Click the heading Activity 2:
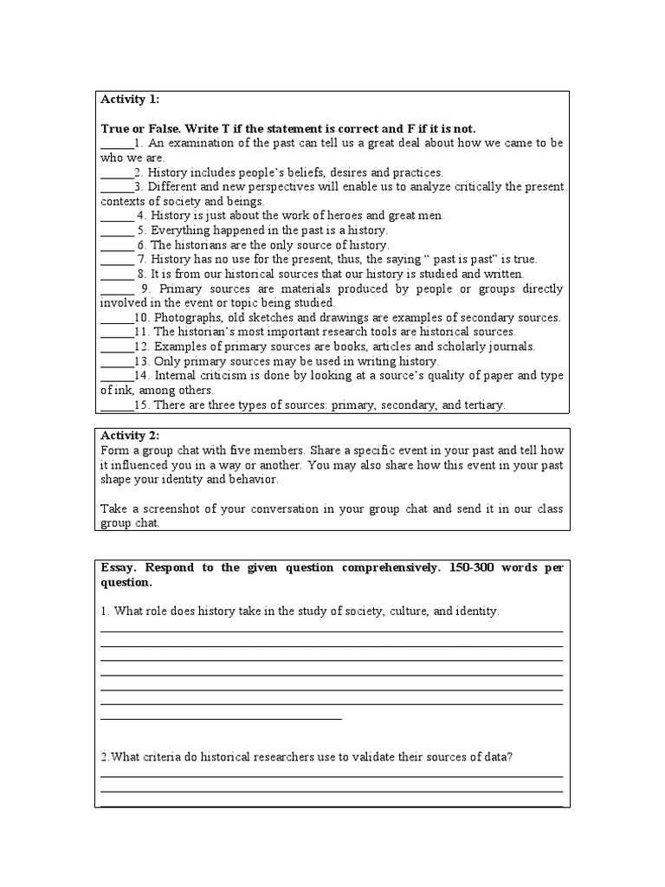130,435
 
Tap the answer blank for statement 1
117,144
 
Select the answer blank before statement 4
117,216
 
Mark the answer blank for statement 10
117,318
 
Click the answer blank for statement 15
117,405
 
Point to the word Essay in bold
119,568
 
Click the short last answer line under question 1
222,718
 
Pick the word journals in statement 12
509,346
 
